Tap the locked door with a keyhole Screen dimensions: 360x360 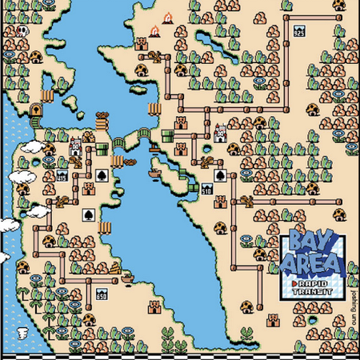point(35,110)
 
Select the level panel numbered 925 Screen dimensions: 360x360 point(299,33)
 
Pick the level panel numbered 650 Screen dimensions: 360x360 point(102,296)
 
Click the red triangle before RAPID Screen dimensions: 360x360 point(296,282)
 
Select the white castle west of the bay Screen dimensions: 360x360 point(74,146)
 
